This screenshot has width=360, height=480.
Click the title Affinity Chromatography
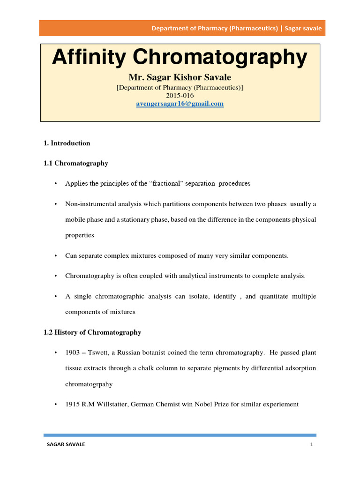coord(180,58)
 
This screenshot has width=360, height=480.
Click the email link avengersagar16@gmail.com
coord(180,104)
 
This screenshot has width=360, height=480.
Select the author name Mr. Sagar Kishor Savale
coord(180,77)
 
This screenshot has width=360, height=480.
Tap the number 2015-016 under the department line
coord(180,95)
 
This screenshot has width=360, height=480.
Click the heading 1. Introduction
coord(67,143)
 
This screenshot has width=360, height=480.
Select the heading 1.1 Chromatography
coord(75,163)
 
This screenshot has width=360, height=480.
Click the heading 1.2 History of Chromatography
coord(92,332)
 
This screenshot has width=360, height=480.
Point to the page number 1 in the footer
coord(311,444)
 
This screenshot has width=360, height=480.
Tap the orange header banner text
coord(236,28)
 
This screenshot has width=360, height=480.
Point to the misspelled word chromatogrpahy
coord(89,383)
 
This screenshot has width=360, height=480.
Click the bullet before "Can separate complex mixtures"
coord(55,256)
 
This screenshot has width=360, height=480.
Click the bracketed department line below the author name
coord(180,87)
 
